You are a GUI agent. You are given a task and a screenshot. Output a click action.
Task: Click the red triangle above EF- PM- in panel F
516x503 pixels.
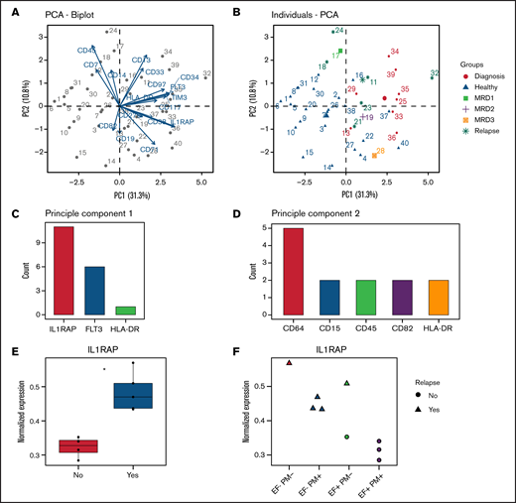[x=289, y=363]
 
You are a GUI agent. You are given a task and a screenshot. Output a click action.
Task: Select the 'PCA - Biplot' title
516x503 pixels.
[x=63, y=15]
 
